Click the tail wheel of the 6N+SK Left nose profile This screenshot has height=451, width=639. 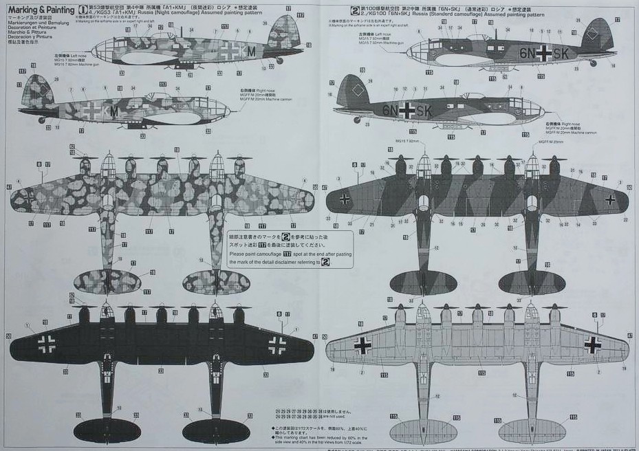point(593,63)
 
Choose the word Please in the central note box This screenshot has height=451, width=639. point(237,254)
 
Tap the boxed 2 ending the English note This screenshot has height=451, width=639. point(325,262)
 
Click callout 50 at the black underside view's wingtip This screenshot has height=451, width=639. point(9,336)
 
